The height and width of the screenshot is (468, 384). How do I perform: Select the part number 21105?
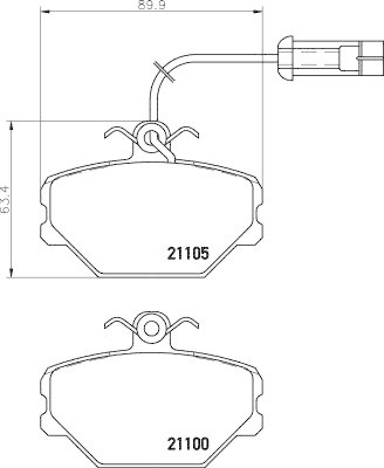tap(188, 253)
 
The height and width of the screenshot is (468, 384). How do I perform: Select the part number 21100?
tap(188, 443)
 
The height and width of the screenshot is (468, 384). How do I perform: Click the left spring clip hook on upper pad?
tap(116, 133)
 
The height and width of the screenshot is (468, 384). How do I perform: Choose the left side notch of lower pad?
tap(44, 404)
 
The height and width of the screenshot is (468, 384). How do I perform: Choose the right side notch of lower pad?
tap(259, 404)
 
